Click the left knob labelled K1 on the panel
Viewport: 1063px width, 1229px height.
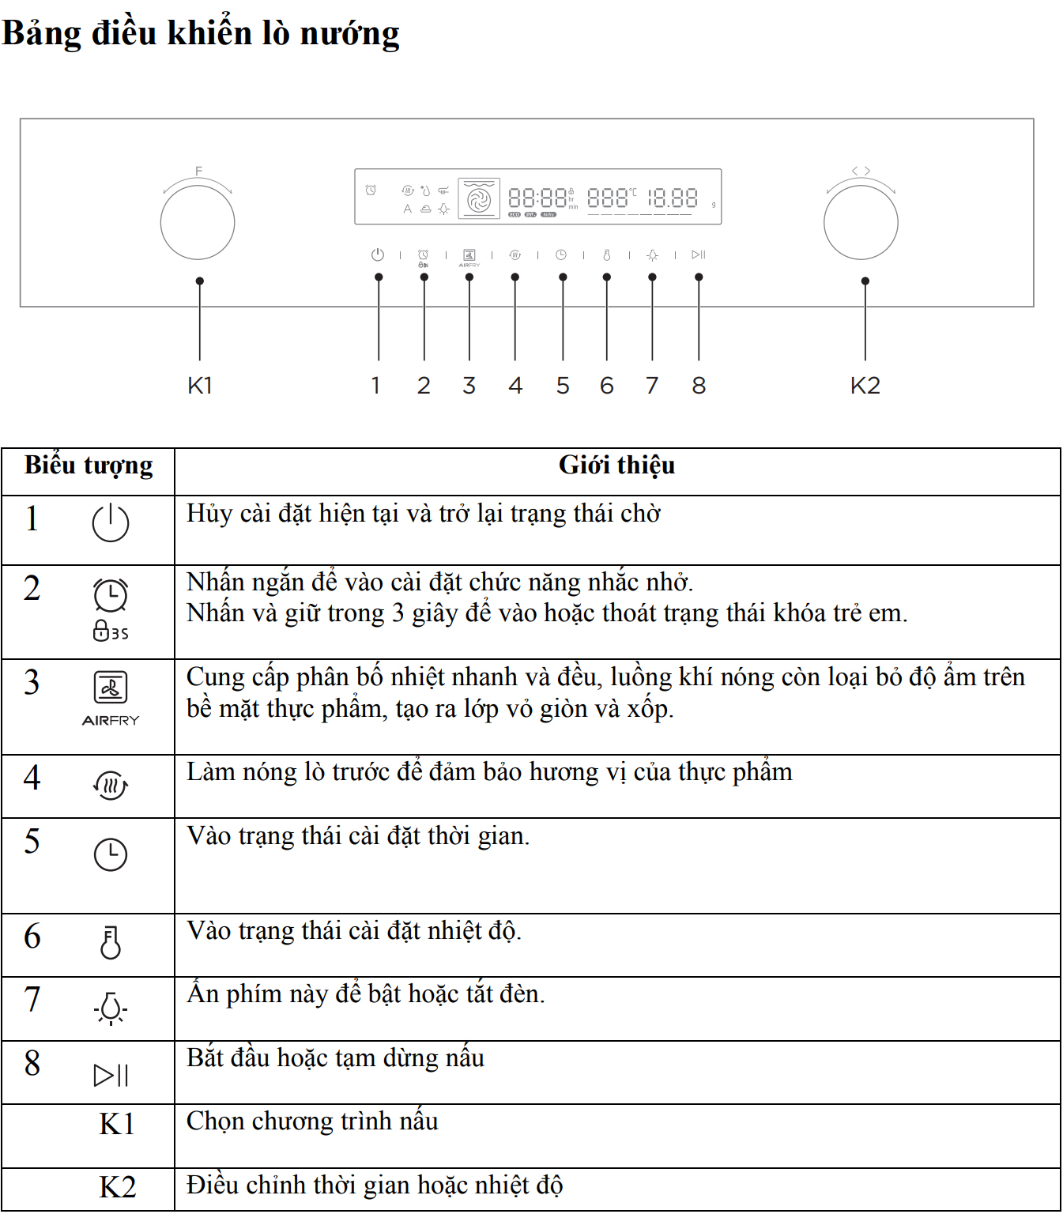198,222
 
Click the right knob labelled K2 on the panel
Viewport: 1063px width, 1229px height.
861,222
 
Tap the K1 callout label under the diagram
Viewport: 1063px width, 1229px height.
200,386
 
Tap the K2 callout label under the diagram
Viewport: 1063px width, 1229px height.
865,386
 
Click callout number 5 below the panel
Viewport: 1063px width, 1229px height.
563,386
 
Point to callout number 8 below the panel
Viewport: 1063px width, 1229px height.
699,386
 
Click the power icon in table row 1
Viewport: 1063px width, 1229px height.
111,522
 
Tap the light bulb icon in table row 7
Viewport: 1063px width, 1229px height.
111,1008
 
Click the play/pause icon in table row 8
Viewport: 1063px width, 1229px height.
111,1075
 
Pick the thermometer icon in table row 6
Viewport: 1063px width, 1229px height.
111,942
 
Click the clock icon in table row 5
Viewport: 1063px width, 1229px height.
111,854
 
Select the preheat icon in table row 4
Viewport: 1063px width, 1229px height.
111,785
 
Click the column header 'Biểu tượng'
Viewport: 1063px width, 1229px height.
89,466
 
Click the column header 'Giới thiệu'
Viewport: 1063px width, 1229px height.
616,466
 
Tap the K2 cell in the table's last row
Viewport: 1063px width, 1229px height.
117,1187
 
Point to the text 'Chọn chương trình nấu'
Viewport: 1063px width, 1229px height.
312,1122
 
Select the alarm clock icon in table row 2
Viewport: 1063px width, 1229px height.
111,595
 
